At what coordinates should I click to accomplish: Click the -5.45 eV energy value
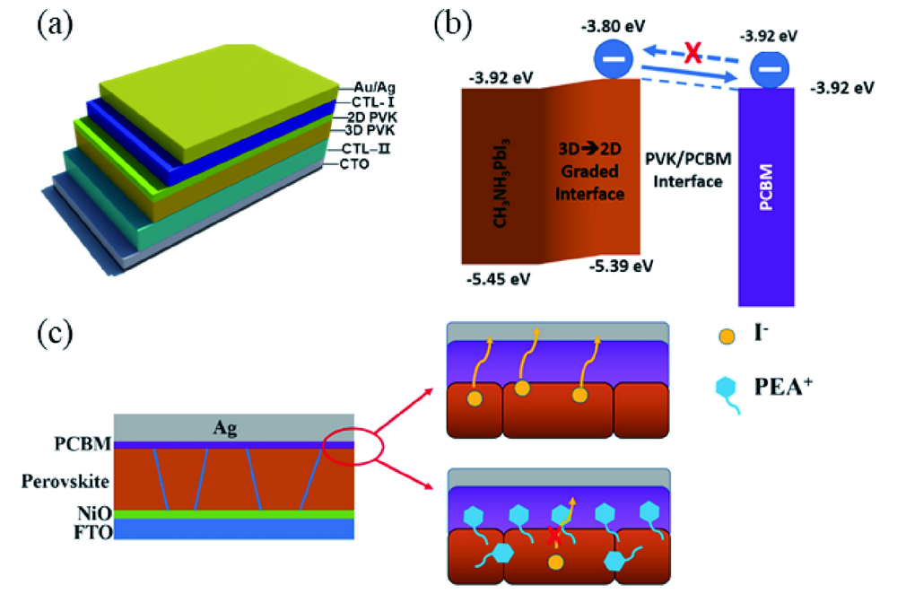pyautogui.click(x=498, y=279)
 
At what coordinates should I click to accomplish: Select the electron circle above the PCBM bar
pyautogui.click(x=767, y=66)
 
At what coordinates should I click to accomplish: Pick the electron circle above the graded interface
pyautogui.click(x=615, y=59)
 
